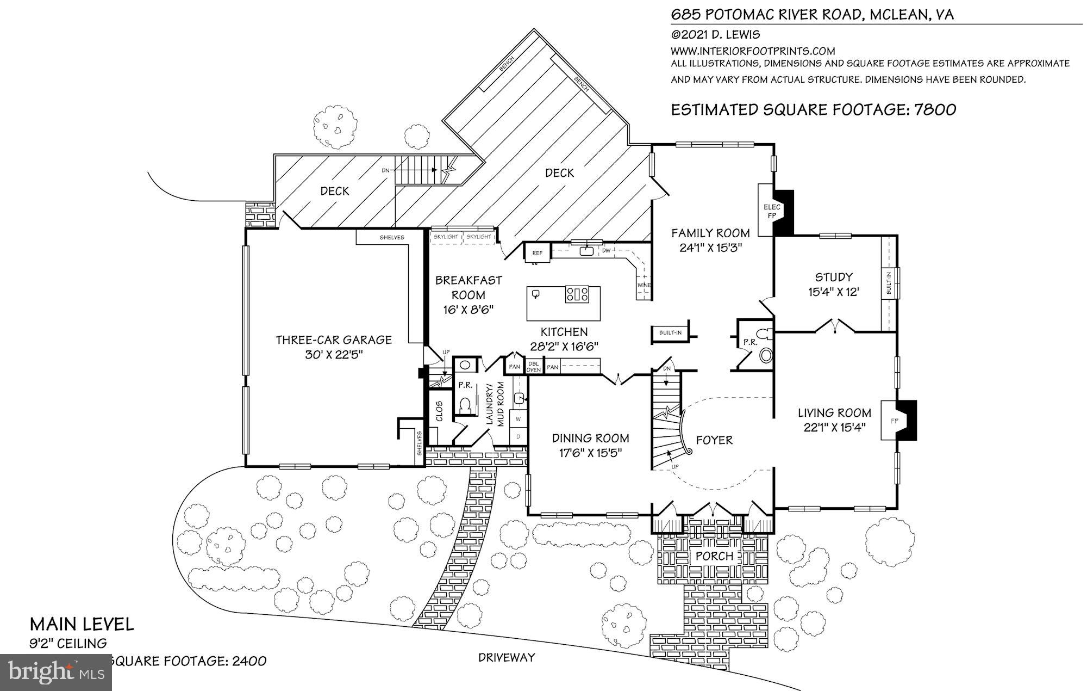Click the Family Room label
point(710,233)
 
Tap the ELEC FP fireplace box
point(772,211)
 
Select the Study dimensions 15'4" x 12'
point(833,292)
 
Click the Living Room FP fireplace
point(894,421)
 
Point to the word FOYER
point(714,440)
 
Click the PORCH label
point(715,556)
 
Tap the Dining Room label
point(591,438)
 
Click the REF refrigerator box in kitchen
point(537,253)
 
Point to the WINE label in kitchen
point(644,285)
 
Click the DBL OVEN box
point(533,367)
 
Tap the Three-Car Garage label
point(334,340)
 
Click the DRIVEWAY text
point(507,657)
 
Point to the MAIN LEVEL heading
point(82,624)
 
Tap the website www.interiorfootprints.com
point(753,51)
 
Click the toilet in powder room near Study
point(766,355)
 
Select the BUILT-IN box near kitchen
point(670,332)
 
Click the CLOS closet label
point(439,411)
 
